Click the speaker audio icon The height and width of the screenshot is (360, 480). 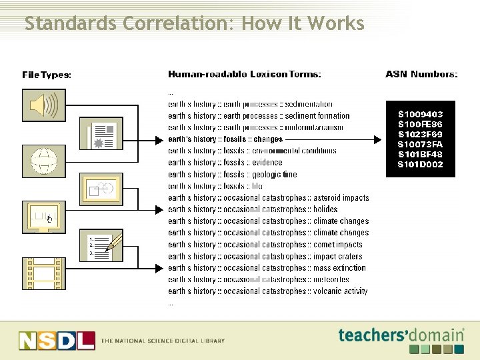click(44, 105)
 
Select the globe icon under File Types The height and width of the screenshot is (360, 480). click(44, 160)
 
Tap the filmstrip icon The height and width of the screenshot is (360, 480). click(44, 273)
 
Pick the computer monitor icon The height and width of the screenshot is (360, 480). click(44, 216)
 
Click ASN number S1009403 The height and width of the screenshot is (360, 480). click(420, 115)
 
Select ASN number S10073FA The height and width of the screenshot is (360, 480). click(420, 144)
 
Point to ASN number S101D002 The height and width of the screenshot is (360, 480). click(420, 164)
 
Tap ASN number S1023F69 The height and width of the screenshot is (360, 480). click(420, 134)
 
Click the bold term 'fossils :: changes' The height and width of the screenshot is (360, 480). click(253, 139)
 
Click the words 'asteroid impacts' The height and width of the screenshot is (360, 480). click(341, 198)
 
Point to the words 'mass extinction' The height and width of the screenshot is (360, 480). click(339, 268)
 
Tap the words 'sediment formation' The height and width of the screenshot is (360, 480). click(317, 116)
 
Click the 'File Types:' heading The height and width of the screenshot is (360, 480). click(47, 75)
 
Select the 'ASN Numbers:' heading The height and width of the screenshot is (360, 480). click(421, 75)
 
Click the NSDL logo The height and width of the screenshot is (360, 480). click(57, 340)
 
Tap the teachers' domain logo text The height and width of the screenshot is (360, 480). click(400, 335)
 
